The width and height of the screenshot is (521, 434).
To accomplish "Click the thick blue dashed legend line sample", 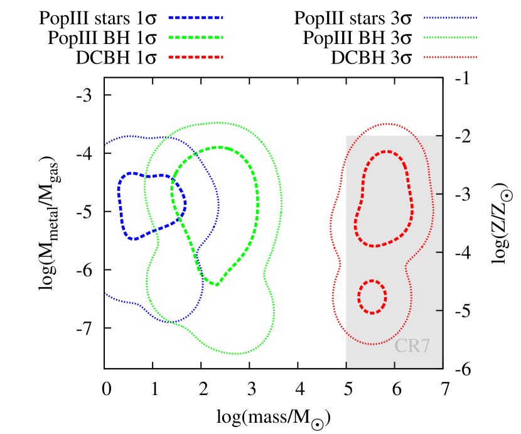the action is [195, 18].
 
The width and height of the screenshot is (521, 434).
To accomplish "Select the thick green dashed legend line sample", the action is [195, 38].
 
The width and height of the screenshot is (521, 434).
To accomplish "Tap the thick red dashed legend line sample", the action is [195, 57].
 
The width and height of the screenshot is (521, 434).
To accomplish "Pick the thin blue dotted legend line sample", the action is [450, 18].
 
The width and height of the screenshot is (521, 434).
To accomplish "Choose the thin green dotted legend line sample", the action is [450, 38].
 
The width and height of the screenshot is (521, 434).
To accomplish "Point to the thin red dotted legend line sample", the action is [450, 57].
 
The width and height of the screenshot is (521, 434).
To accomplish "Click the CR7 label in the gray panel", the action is [412, 346].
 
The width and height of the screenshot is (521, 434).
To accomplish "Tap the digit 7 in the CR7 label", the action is [425, 346].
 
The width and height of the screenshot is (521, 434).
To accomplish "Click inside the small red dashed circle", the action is [372, 296].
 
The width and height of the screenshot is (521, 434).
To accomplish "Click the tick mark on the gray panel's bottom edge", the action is [394, 364].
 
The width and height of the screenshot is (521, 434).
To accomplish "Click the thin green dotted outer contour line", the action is [281, 201].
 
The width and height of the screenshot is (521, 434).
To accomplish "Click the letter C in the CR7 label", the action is [400, 346].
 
